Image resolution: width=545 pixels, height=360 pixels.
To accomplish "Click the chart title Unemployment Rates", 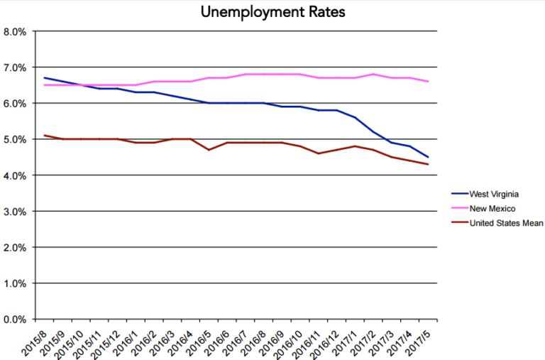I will point(272,12).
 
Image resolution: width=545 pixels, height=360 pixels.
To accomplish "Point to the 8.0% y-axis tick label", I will point(15,32).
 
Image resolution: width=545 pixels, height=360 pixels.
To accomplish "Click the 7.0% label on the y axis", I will point(15,67).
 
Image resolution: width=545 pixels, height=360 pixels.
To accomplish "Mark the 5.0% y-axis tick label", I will point(15,140).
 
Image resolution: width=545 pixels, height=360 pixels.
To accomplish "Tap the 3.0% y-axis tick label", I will point(15,212).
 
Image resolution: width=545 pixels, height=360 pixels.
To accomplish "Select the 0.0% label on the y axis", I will point(15,320).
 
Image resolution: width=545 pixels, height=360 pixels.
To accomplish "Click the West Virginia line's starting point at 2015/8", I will point(44,78).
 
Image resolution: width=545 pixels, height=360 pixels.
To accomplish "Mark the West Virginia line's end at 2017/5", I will point(428,157).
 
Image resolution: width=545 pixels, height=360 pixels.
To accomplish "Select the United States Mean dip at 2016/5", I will point(209,150).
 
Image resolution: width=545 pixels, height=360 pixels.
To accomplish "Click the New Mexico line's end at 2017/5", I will point(428,82).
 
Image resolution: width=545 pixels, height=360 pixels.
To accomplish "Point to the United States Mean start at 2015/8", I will point(44,136).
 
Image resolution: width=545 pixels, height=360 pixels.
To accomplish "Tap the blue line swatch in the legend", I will point(461,193).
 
